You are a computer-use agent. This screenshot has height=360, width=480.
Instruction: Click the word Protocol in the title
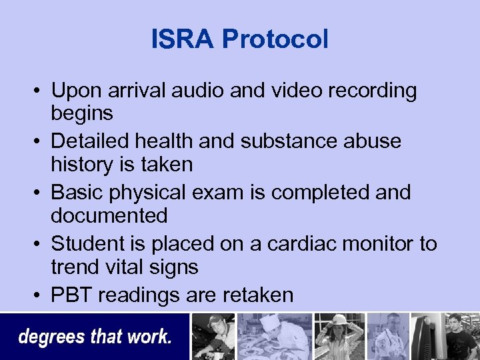(275, 39)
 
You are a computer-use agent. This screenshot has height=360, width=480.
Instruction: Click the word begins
(82, 114)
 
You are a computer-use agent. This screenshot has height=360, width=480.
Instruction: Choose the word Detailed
(89, 141)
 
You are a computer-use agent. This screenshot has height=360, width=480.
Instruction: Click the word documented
(109, 216)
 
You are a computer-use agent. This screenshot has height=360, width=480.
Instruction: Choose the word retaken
(253, 295)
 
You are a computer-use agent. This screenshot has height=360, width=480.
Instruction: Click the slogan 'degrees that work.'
(95, 337)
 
